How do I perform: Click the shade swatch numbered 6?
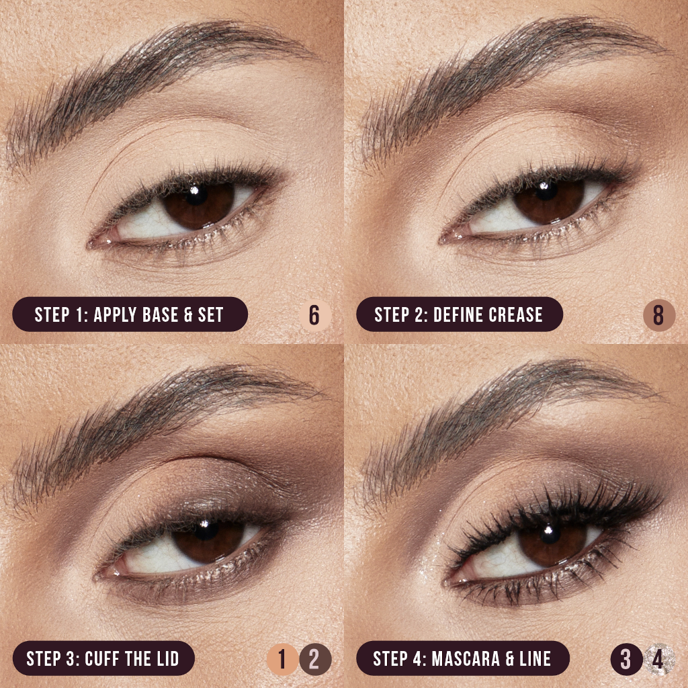(314, 314)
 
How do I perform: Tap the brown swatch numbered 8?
(658, 314)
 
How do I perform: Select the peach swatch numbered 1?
(283, 659)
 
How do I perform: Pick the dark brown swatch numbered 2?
(314, 659)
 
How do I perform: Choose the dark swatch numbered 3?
(626, 659)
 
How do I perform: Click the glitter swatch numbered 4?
(658, 659)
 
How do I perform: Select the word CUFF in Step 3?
(105, 659)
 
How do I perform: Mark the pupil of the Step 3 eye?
(206, 535)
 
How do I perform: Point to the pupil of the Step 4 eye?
(550, 535)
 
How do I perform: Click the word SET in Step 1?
(210, 314)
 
